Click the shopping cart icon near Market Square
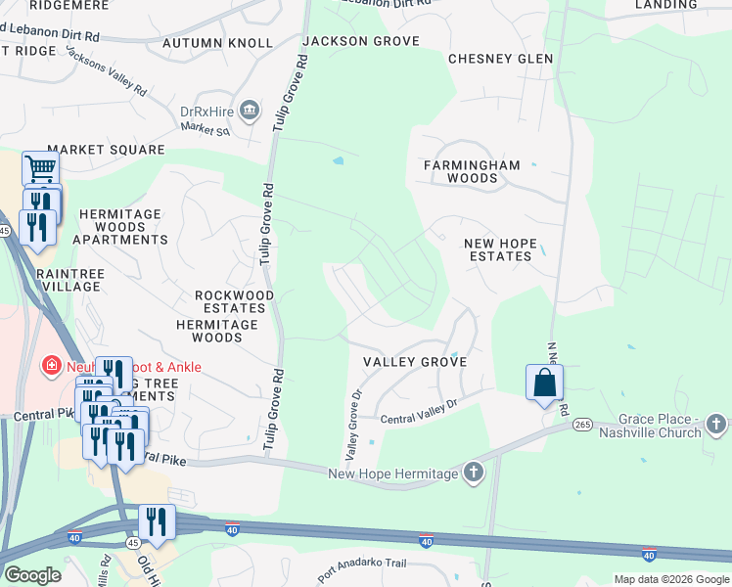[40, 169]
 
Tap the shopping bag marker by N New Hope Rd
[545, 383]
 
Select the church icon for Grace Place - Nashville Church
[716, 424]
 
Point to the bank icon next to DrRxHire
[250, 111]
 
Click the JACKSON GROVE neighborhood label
[361, 41]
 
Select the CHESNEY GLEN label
[500, 59]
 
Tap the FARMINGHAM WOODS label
[472, 172]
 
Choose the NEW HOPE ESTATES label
[498, 249]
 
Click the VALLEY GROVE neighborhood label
[414, 362]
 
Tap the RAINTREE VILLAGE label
[69, 280]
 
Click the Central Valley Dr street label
[419, 412]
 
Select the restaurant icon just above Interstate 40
[157, 521]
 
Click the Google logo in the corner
[32, 574]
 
